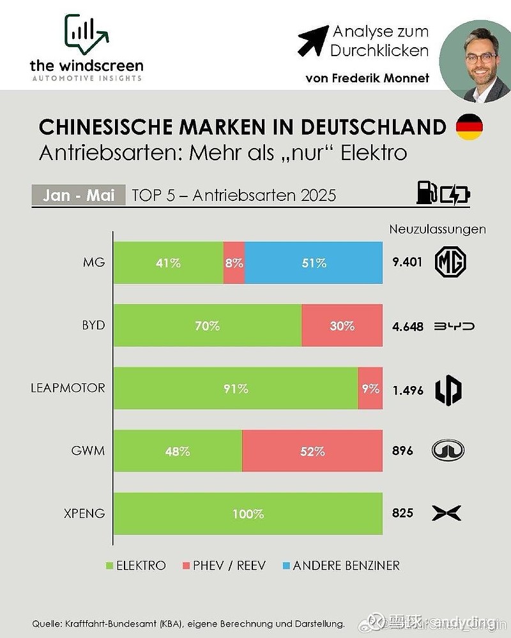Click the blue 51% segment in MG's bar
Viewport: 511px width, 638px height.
point(314,263)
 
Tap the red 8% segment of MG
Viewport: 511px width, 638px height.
point(234,263)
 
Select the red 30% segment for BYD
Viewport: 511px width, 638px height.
point(342,326)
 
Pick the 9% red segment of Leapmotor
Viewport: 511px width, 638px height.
point(370,389)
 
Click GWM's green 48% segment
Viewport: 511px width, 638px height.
point(178,451)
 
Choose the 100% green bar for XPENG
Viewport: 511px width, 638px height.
point(248,514)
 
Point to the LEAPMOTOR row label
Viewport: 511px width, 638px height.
point(68,388)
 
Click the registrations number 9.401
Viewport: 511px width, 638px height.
point(408,263)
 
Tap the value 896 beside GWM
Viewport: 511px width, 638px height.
point(402,451)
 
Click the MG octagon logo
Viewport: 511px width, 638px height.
point(450,262)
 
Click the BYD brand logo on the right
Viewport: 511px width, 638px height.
point(454,326)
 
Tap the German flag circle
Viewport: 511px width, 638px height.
point(469,126)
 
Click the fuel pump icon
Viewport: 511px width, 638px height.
point(427,193)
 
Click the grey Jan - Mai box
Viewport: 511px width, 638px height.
point(78,195)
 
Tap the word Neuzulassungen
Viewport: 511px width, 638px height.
point(437,229)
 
